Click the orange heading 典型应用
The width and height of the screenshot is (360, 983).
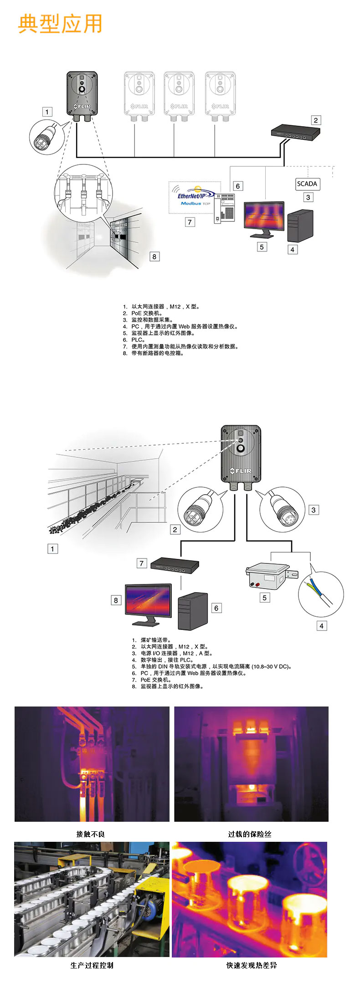[60, 24]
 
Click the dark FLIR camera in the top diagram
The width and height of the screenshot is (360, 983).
[82, 94]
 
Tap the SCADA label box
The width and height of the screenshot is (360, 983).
[307, 184]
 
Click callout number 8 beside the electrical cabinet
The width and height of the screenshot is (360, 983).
[154, 256]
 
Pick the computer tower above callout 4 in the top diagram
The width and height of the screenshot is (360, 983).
[300, 225]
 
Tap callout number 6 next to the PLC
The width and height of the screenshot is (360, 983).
[237, 186]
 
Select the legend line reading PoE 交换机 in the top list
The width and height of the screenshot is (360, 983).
[147, 313]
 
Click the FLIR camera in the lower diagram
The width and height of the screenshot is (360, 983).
[241, 454]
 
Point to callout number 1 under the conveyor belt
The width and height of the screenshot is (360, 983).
[52, 549]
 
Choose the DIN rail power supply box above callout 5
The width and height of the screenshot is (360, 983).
[267, 577]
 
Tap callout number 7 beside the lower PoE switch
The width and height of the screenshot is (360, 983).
[142, 563]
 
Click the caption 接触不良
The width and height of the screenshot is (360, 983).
[91, 834]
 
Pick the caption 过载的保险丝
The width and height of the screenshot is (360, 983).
[250, 834]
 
